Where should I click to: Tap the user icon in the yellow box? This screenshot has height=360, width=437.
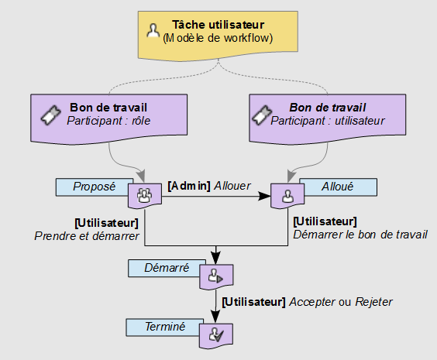pyautogui.click(x=153, y=31)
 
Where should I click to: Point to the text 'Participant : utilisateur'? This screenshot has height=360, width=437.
pyautogui.click(x=338, y=121)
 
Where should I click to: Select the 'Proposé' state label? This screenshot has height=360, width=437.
pyautogui.click(x=94, y=187)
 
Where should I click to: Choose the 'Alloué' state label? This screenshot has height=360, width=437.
pyautogui.click(x=336, y=187)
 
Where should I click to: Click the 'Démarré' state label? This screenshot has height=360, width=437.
pyautogui.click(x=166, y=268)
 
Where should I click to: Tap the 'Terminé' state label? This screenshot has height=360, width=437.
pyautogui.click(x=165, y=327)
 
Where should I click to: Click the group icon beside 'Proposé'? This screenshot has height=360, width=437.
pyautogui.click(x=145, y=196)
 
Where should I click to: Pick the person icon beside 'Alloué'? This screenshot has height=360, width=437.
pyautogui.click(x=287, y=196)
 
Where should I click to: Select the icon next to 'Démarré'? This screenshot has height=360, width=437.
pyautogui.click(x=215, y=276)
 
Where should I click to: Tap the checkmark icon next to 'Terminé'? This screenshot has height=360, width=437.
pyautogui.click(x=215, y=335)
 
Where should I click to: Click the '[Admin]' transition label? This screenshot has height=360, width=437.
pyautogui.click(x=189, y=186)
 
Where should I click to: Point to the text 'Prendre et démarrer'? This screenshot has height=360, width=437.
pyautogui.click(x=86, y=236)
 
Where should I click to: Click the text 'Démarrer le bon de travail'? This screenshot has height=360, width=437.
pyautogui.click(x=360, y=235)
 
